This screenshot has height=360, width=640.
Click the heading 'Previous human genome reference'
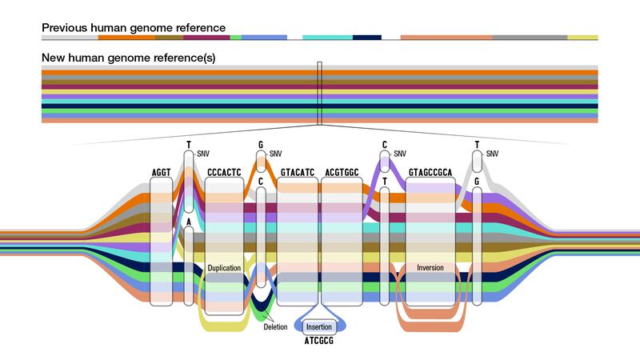point(134,28)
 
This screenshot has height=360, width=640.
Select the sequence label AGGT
point(162,172)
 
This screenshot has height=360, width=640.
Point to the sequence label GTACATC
point(298,172)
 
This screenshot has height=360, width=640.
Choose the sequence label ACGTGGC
point(342,172)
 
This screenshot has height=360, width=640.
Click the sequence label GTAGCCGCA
point(431,172)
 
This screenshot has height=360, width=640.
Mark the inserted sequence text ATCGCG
point(320,342)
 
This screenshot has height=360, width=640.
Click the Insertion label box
point(320,327)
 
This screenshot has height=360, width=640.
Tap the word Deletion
point(275,326)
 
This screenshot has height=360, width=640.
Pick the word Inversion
point(431,267)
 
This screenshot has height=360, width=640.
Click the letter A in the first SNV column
point(188,222)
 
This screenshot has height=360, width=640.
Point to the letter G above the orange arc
point(261,146)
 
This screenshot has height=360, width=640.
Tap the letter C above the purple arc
point(385,146)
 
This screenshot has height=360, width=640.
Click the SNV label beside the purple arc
point(401,154)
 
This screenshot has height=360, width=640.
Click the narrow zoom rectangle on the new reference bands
point(319,94)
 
